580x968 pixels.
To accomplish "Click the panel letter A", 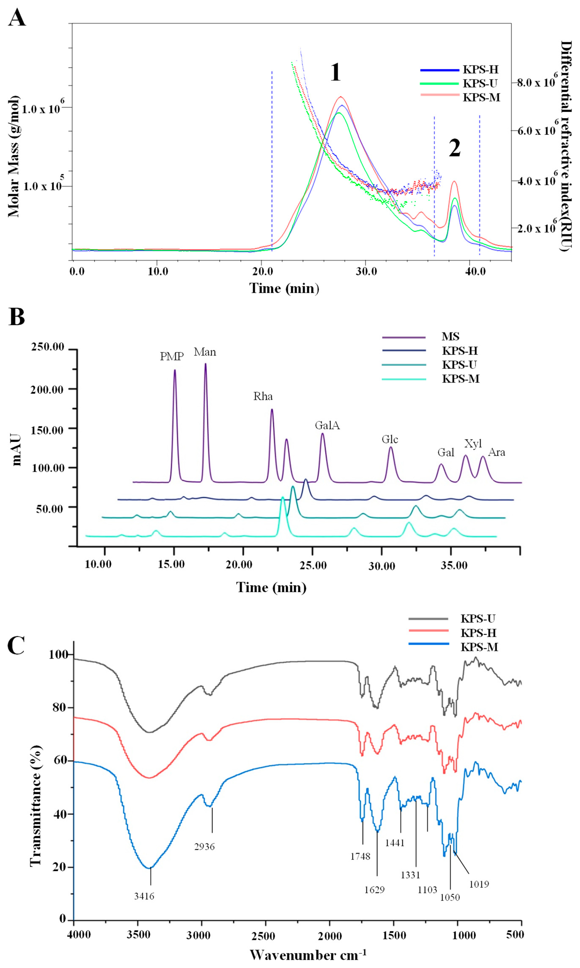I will point(17,18).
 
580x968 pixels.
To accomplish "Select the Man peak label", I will point(205,352).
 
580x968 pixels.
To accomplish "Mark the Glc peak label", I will point(390,439).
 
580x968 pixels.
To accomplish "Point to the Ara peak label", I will point(497,452).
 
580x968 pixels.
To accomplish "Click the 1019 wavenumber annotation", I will point(479,884).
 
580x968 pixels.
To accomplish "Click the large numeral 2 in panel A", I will point(454,149).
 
